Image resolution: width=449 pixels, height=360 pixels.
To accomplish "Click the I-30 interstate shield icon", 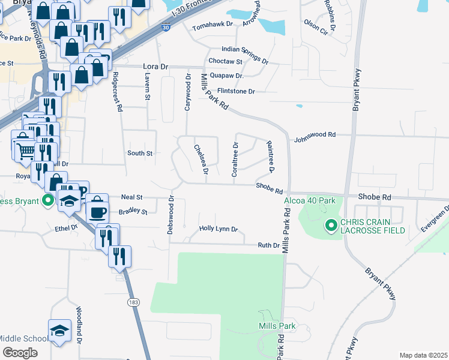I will (x=165, y=26).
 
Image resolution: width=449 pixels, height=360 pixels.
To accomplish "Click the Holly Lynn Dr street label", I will (x=218, y=229).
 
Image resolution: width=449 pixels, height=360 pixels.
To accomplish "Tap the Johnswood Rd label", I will (x=314, y=136).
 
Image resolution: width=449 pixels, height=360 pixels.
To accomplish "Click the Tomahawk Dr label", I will (x=211, y=28).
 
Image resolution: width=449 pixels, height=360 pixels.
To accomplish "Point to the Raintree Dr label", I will (x=270, y=157).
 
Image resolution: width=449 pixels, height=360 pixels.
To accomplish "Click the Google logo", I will (x=20, y=352).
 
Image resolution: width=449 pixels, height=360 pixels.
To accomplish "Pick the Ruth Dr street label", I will (x=268, y=245).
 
